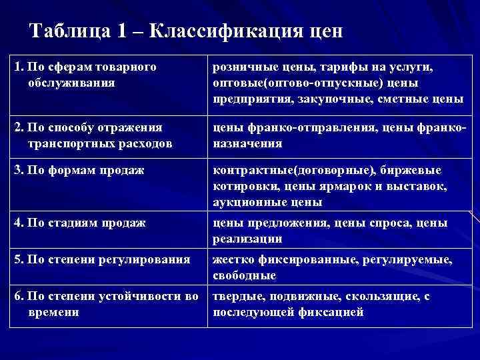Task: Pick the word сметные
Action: click(409, 99)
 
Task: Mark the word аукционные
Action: click(245, 202)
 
